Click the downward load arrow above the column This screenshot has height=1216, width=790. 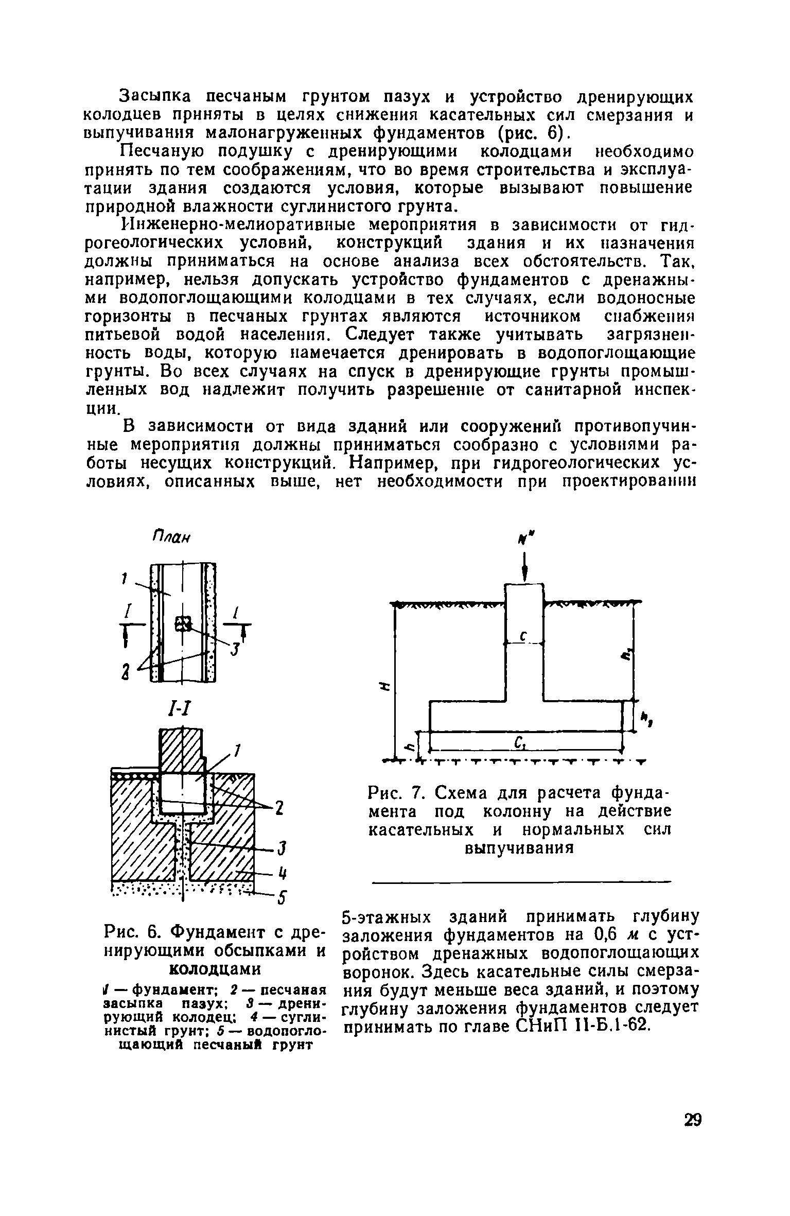(x=524, y=567)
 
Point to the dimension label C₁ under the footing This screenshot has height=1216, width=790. (x=519, y=742)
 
